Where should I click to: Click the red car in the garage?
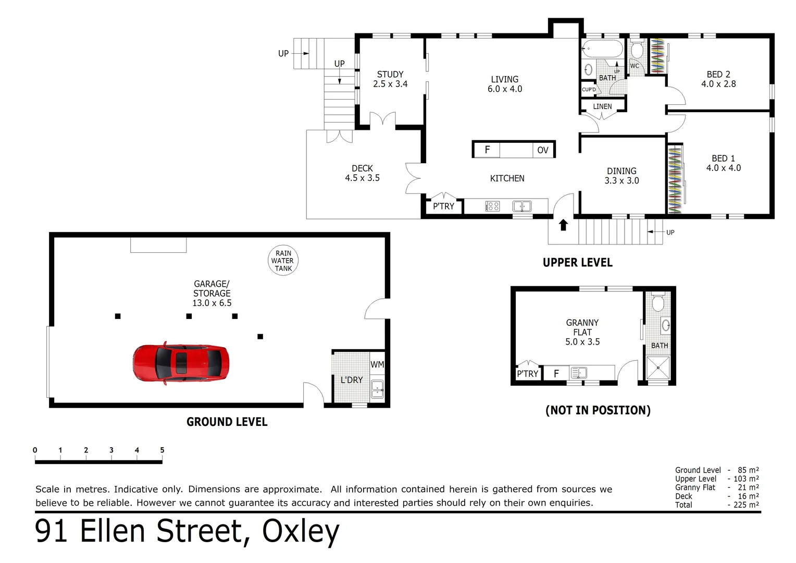coord(180,363)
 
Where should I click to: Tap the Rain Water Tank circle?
coord(283,261)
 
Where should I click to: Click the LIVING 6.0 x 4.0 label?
coord(504,84)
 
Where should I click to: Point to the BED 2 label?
coord(718,79)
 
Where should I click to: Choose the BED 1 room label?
coord(723,163)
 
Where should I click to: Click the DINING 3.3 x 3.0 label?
coord(621,176)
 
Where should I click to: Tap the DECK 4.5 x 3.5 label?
coord(362,173)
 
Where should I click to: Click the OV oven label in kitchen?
coord(542,150)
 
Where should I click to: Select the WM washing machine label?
coord(377,364)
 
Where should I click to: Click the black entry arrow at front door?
coord(563,225)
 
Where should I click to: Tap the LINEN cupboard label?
coord(602,106)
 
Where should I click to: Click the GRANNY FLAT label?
coord(582,332)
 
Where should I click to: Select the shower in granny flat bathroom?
coord(657,368)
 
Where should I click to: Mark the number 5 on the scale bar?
coord(162,450)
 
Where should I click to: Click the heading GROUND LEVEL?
coord(227,422)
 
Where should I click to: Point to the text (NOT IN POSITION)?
coord(598,410)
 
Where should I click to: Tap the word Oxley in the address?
coord(301,531)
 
